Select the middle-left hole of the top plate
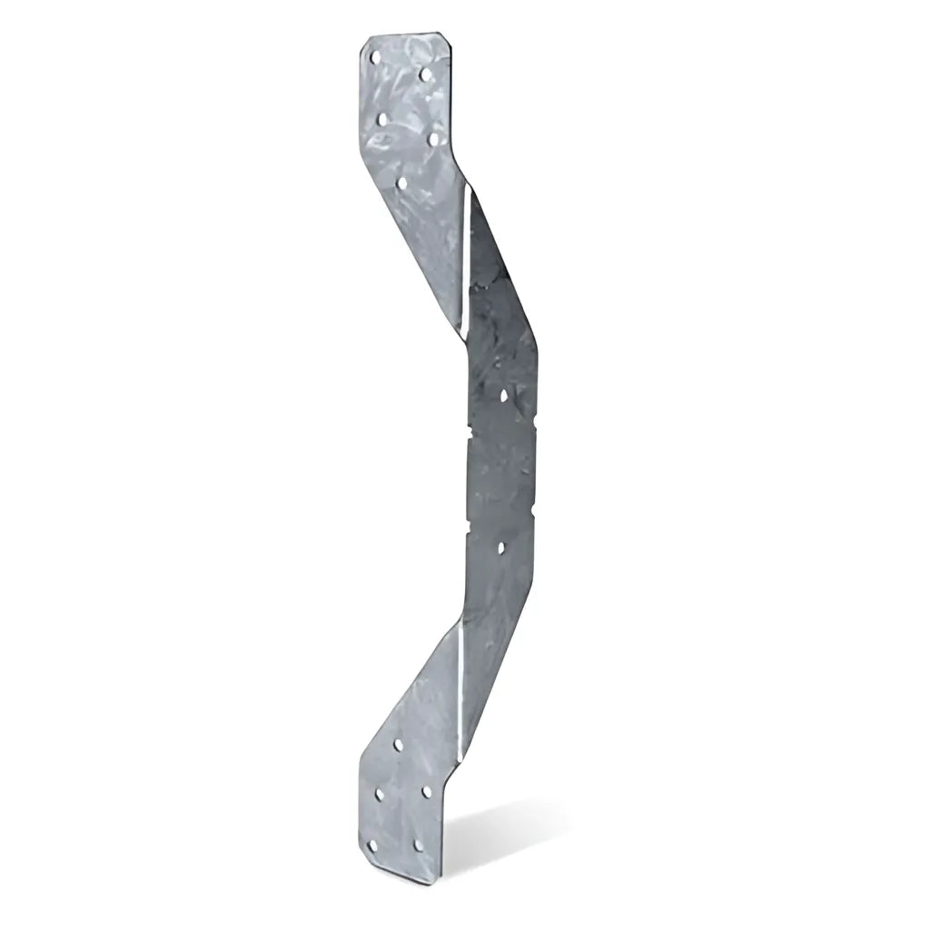382,118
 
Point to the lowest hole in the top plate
401,182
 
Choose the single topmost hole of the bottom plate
398,745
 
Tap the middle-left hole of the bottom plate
379,795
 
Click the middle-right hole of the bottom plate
426,792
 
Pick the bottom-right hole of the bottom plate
419,845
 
